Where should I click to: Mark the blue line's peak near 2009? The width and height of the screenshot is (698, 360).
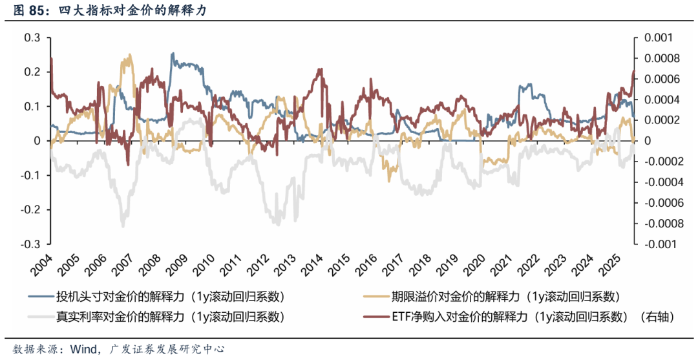tap(172, 54)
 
